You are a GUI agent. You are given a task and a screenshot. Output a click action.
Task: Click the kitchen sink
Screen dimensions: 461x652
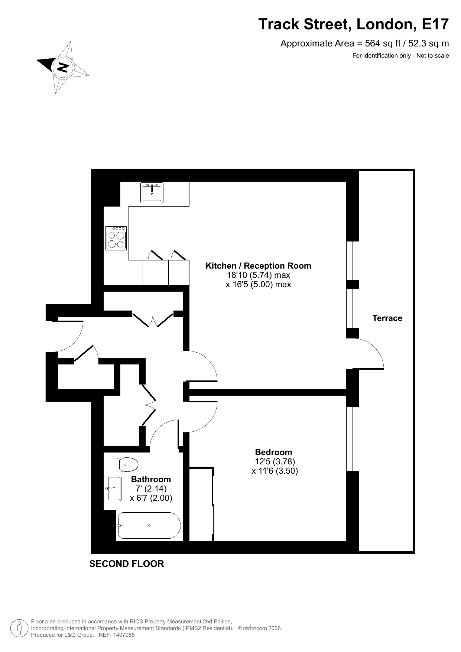tap(152, 192)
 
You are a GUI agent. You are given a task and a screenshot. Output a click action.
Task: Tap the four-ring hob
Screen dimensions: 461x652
tap(116, 238)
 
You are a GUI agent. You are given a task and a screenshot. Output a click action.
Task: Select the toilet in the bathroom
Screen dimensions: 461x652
tap(127, 464)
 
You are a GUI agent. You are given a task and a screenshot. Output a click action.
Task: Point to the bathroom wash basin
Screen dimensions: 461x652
tap(113, 489)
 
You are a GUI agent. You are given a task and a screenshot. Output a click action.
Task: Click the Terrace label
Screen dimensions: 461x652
tap(387, 318)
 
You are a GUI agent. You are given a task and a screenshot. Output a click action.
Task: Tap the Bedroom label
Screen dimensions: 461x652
tap(273, 452)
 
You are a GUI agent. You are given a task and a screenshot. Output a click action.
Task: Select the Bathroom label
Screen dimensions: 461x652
tap(151, 479)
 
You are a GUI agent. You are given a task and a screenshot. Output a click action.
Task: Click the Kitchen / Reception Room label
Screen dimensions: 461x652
tap(259, 266)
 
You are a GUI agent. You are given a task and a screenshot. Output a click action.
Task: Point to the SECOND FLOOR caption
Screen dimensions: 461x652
tap(127, 564)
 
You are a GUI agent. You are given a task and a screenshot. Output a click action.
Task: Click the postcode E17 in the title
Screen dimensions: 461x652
tap(435, 24)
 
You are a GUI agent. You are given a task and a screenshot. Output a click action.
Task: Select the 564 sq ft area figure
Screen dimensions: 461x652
tap(383, 43)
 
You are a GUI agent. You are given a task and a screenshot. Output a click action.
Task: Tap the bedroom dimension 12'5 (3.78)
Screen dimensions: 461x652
tap(275, 461)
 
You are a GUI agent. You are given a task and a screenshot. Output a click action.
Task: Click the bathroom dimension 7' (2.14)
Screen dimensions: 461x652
tap(151, 489)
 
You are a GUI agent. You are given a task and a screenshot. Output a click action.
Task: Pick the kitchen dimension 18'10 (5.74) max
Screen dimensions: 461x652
tap(259, 275)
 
